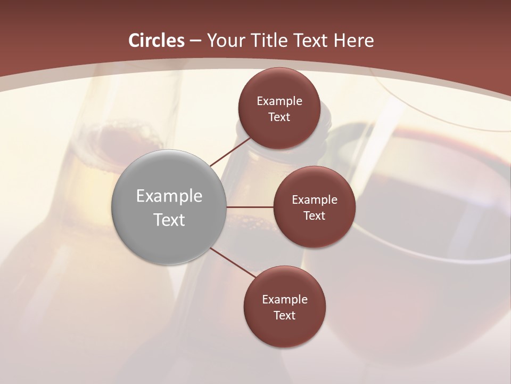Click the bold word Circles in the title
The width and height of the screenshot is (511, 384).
point(156,41)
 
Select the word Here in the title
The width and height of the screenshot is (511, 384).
point(353,41)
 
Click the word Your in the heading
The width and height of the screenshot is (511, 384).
point(225,41)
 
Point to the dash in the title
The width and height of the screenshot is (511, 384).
point(196,41)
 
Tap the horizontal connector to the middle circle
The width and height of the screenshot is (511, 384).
point(250,207)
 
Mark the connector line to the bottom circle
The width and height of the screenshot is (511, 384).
point(233,262)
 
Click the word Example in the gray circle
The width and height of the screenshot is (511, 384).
point(169,196)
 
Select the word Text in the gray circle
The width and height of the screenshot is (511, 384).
point(169,220)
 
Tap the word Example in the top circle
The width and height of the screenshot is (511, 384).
point(279,101)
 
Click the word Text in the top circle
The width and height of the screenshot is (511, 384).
point(279,117)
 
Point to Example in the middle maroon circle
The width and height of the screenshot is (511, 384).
point(315,200)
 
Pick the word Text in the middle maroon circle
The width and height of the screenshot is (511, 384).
point(315,216)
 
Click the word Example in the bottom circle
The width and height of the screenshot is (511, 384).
point(285,300)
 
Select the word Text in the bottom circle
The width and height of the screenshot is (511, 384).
point(285,316)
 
